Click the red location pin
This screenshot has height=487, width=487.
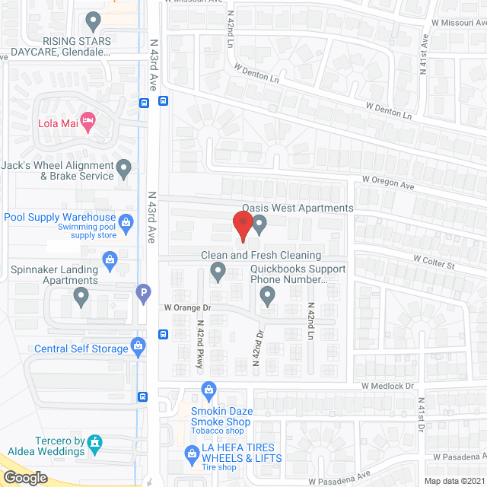point(242,226)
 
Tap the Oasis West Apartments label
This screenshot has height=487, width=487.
point(298,208)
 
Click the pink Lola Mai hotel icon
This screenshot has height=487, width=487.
point(88,119)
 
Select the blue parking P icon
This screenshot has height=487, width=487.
point(142,292)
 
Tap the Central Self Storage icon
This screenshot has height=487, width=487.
point(138,348)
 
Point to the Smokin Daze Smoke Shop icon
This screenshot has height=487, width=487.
point(208,390)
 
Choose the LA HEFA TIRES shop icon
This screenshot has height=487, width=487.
point(192,457)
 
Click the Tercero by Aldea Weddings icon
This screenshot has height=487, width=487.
point(94,441)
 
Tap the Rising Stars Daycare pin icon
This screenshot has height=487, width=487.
point(93,20)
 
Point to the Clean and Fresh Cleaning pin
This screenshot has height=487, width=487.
point(218,271)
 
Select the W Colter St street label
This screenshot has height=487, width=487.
point(433,261)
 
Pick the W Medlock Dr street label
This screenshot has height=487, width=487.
point(388,386)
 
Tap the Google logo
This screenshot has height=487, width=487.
point(25,477)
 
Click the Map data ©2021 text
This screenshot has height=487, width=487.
point(454,481)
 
